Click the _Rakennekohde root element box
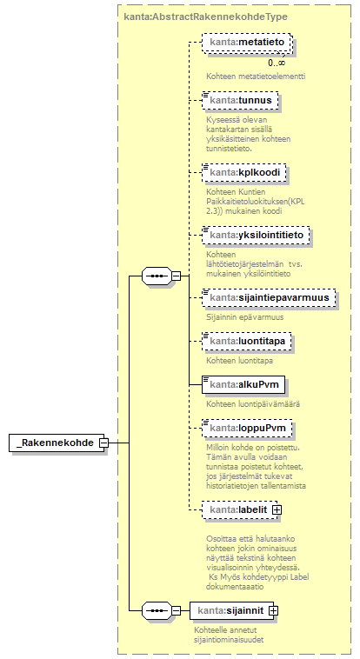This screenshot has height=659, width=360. (x=57, y=443)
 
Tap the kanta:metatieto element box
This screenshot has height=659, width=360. (x=246, y=43)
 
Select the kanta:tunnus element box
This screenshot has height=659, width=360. (x=240, y=100)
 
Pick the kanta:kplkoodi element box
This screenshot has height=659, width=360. (x=244, y=172)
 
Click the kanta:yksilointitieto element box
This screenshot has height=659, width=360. (x=256, y=235)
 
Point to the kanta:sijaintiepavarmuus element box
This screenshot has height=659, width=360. (x=269, y=297)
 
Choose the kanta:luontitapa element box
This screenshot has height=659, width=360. (x=246, y=342)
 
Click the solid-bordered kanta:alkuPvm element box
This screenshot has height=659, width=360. (x=243, y=384)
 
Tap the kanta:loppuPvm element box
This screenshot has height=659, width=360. (x=247, y=428)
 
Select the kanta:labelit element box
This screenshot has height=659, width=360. (x=240, y=509)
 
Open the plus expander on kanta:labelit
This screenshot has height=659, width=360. (x=277, y=509)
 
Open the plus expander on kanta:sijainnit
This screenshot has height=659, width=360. (x=273, y=610)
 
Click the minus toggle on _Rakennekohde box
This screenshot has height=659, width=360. (x=103, y=443)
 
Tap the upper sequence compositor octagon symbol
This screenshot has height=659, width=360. (x=157, y=276)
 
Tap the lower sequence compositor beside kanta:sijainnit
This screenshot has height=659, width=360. (x=157, y=610)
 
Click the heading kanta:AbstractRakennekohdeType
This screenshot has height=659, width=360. (x=206, y=17)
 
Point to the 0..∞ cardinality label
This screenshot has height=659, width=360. (x=277, y=63)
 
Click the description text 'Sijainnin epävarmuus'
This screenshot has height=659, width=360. (x=244, y=316)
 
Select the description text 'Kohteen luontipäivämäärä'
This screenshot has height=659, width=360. (x=253, y=404)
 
